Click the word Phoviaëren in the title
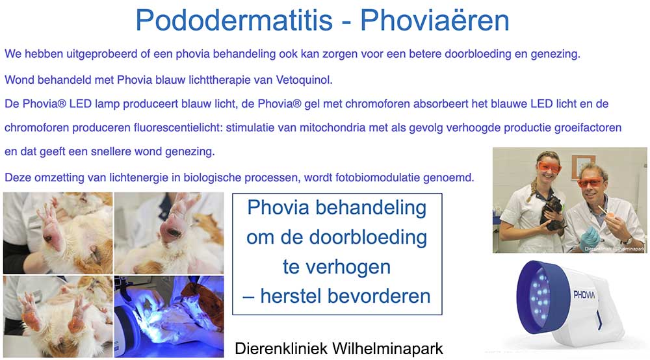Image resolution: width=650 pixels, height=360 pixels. pyautogui.click(x=435, y=21)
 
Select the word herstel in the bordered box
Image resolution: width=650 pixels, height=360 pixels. pyautogui.click(x=290, y=296)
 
